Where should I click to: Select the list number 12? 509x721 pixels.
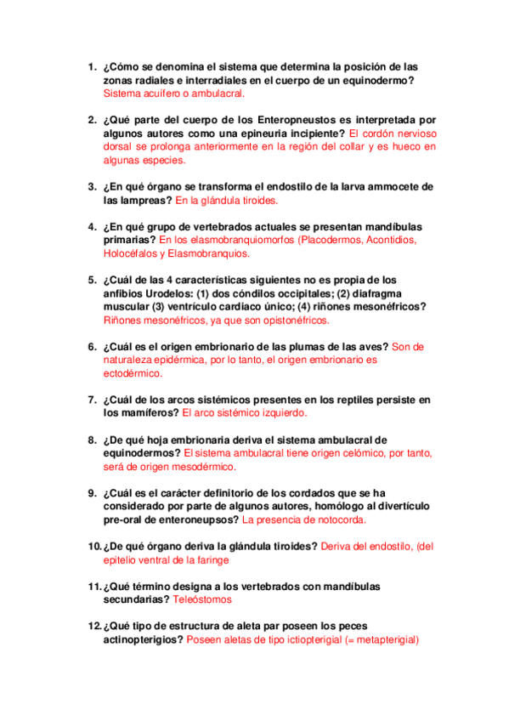[x=93, y=627]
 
